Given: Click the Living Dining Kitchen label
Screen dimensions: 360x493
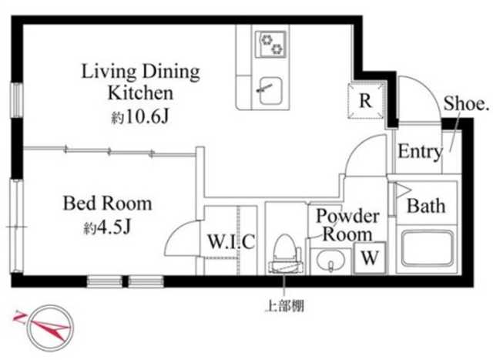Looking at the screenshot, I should pos(141,83).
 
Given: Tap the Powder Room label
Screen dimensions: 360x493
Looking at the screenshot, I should pos(347,224).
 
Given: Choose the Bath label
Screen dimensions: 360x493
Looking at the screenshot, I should pos(426,207).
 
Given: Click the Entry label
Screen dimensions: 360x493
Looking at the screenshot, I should pos(419,152).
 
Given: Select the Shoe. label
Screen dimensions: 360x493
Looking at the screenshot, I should pos(467,104).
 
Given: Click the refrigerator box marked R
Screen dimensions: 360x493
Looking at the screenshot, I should pos(366,100).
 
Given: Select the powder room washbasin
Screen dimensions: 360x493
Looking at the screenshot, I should pos(330,261).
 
